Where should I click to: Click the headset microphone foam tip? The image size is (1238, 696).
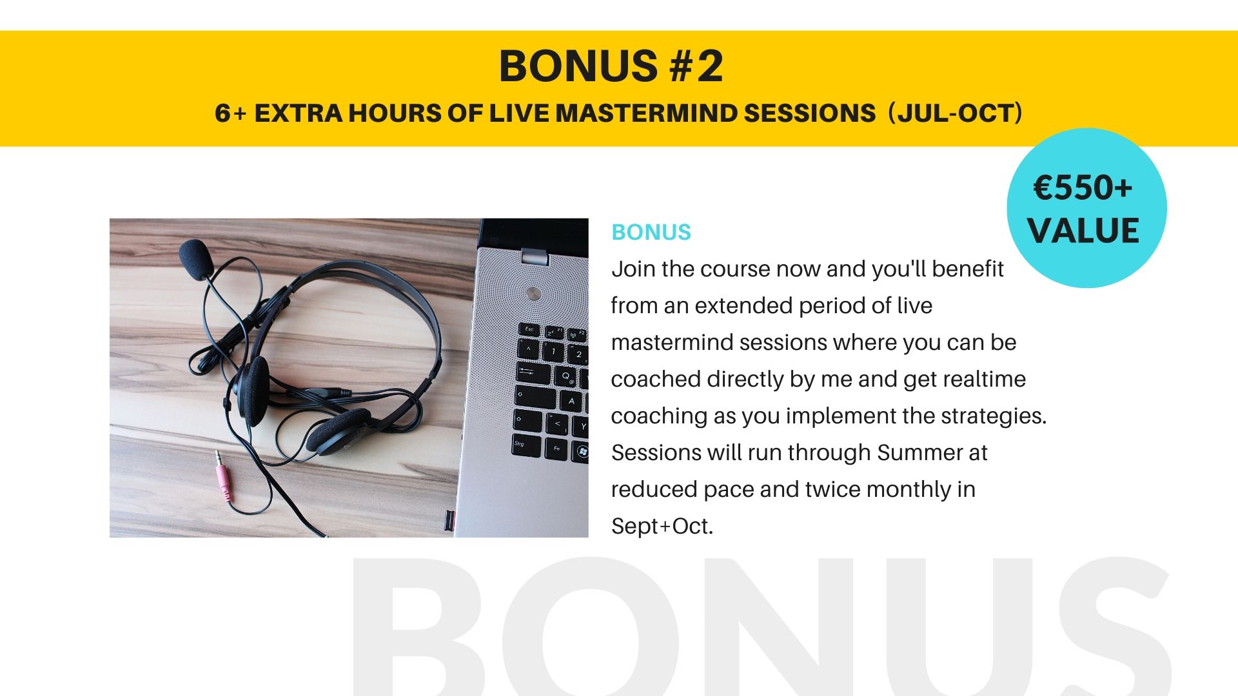pyautogui.click(x=196, y=258)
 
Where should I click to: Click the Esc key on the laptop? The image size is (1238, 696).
pyautogui.click(x=529, y=329)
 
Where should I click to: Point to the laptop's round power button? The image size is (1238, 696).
pyautogui.click(x=533, y=294)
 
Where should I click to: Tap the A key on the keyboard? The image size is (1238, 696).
pyautogui.click(x=571, y=401)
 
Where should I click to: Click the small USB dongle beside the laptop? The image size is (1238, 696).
pyautogui.click(x=449, y=520)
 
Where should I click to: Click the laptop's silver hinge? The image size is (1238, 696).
pyautogui.click(x=535, y=256)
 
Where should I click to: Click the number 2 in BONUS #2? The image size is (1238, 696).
pyautogui.click(x=709, y=66)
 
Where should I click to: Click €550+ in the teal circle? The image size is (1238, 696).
pyautogui.click(x=1083, y=188)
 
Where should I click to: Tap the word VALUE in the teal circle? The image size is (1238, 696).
pyautogui.click(x=1083, y=231)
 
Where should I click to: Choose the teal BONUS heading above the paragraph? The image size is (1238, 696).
pyautogui.click(x=651, y=232)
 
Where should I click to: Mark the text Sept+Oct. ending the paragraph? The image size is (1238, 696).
pyautogui.click(x=662, y=527)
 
